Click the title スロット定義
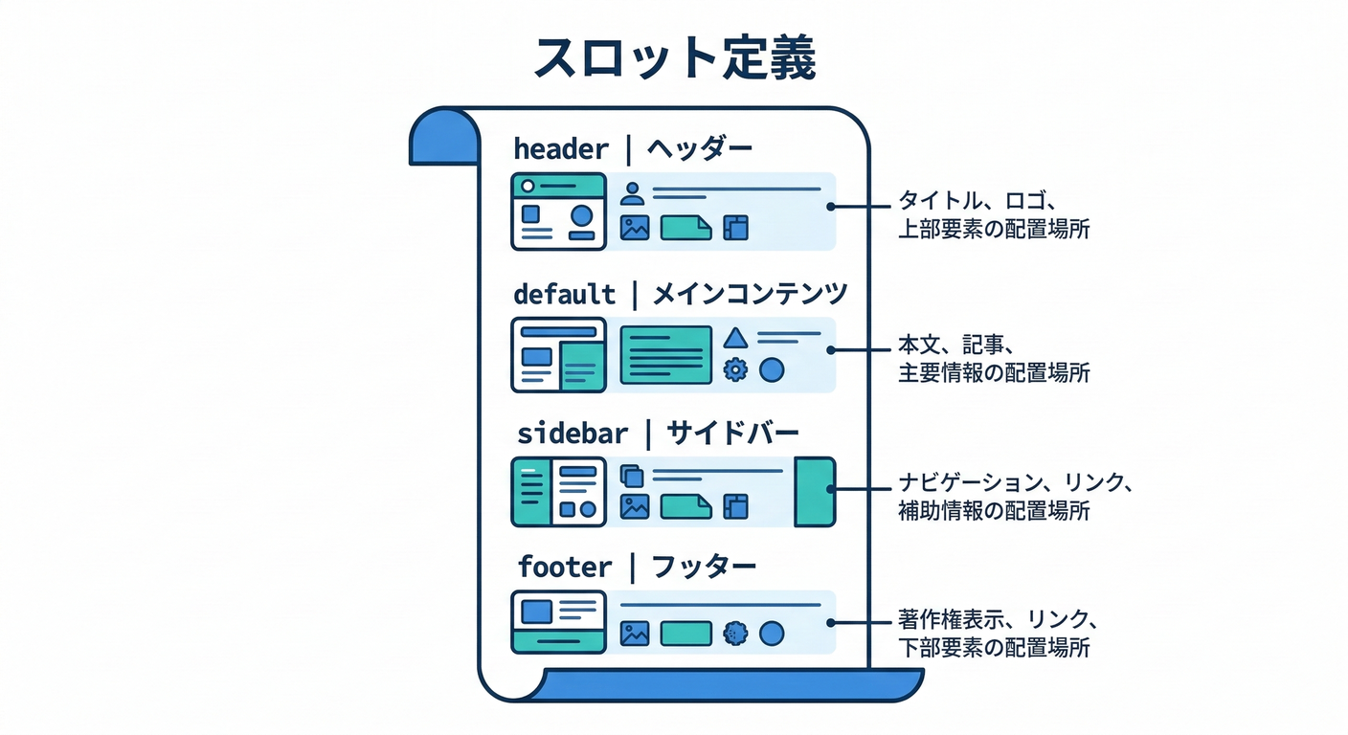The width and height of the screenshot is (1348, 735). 674,59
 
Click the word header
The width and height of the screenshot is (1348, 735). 561,149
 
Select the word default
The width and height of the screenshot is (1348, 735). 564,294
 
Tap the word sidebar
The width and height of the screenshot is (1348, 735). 572,434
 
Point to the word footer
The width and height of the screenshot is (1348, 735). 564,568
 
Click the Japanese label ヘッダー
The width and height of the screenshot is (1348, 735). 699,149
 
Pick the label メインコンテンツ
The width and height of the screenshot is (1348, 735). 750,294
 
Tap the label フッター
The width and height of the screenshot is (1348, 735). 704,568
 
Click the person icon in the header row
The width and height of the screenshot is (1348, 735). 632,193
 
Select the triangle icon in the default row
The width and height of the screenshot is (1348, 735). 734,338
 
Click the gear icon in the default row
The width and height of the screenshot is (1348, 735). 734,369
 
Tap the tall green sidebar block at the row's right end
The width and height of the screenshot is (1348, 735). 815,491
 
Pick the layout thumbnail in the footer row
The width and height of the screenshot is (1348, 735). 559,622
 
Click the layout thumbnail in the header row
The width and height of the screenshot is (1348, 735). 558,212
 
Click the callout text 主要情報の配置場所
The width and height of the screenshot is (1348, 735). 993,373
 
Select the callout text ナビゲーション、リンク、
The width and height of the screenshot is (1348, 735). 1016,483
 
